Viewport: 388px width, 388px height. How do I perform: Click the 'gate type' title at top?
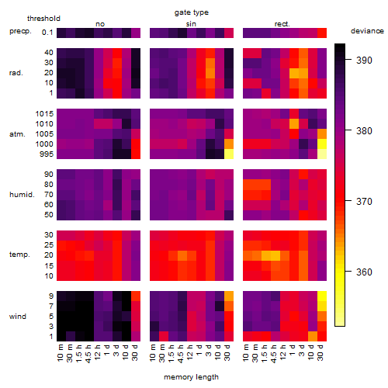[x=192, y=12]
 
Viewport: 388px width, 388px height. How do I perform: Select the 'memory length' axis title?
[x=192, y=377]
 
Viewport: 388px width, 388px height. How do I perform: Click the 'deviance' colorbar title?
[x=367, y=31]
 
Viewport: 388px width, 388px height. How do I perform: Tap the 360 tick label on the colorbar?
[x=364, y=272]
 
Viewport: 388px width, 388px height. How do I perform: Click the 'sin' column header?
[x=191, y=24]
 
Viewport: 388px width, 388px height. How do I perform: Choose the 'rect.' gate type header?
[x=282, y=24]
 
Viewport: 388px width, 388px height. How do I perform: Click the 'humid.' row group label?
[x=22, y=195]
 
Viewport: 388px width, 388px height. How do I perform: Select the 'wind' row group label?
[x=18, y=317]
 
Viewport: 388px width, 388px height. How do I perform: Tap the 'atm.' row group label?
[x=17, y=134]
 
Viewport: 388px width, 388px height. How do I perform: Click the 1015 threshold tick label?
[x=44, y=114]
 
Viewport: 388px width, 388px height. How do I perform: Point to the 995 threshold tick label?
[x=47, y=154]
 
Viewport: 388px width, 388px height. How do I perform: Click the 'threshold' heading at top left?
[x=43, y=19]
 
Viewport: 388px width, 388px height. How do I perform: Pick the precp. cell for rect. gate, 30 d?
[x=322, y=33]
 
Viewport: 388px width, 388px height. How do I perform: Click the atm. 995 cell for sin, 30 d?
[x=229, y=154]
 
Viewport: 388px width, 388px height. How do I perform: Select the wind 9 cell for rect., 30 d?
[x=322, y=296]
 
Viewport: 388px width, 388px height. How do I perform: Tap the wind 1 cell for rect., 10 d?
[x=313, y=336]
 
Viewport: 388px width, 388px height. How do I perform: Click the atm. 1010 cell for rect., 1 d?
[x=294, y=124]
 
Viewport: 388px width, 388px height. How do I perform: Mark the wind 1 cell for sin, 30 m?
[x=164, y=336]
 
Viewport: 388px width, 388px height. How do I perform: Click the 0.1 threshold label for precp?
[x=47, y=33]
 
